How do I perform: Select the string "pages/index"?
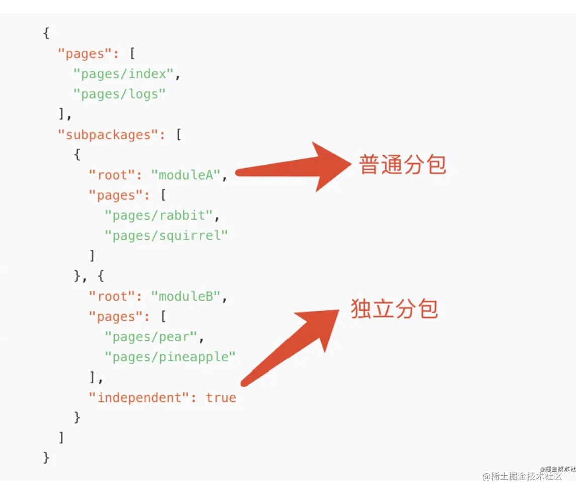pyautogui.click(x=124, y=74)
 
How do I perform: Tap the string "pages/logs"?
pyautogui.click(x=120, y=94)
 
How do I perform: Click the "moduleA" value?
pyautogui.click(x=186, y=175)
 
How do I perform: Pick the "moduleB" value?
pyautogui.click(x=186, y=297)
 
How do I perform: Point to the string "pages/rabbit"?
pyautogui.click(x=158, y=216)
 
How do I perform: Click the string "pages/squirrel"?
pyautogui.click(x=166, y=236)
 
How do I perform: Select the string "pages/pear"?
pyautogui.click(x=151, y=337)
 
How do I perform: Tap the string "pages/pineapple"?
pyautogui.click(x=170, y=357)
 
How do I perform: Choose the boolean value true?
pyautogui.click(x=221, y=398)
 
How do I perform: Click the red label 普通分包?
pyautogui.click(x=403, y=165)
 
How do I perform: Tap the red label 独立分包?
pyautogui.click(x=395, y=308)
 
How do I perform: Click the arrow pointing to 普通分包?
pyautogui.click(x=297, y=168)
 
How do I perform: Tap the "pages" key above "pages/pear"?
pyautogui.click(x=116, y=317)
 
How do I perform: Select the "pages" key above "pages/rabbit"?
pyautogui.click(x=116, y=195)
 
